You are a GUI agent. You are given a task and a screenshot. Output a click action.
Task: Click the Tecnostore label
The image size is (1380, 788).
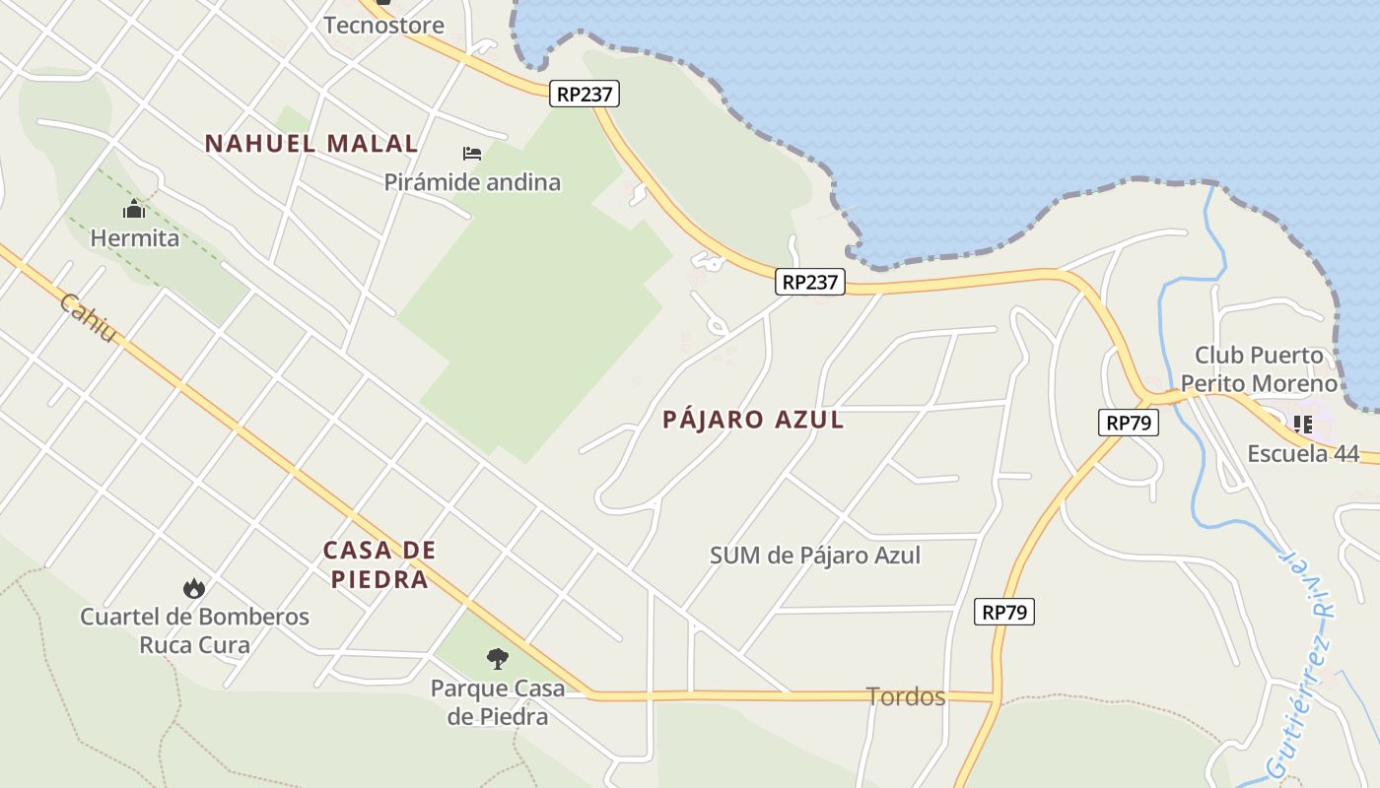[383, 25]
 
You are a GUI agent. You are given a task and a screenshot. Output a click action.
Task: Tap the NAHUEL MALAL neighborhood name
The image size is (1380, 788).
[311, 143]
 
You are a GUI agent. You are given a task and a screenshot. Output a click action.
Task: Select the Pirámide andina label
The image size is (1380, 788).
[472, 182]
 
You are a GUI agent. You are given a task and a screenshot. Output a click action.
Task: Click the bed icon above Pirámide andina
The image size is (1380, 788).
[472, 154]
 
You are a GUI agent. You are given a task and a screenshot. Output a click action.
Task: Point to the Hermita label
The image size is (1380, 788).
[135, 238]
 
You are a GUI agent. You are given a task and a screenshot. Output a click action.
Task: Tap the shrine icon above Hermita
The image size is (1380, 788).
[134, 210]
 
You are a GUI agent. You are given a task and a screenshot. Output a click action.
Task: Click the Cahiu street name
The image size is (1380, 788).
[88, 318]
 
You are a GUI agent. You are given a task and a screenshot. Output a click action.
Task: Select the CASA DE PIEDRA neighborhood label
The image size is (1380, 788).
[379, 564]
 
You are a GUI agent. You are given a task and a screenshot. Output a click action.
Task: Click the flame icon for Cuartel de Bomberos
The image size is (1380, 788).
[194, 589]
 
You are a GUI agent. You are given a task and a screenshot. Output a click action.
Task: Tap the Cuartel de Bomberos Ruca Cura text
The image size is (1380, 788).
[194, 631]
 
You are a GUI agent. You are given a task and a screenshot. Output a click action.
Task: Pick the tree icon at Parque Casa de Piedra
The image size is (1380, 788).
[498, 658]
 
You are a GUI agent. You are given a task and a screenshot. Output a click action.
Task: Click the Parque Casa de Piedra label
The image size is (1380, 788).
[498, 701]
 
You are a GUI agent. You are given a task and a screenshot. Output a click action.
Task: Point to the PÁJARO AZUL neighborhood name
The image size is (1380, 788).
[753, 420]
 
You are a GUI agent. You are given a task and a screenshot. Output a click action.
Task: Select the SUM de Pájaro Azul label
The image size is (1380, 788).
[815, 556]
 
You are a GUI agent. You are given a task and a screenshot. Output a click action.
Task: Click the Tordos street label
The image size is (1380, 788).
[906, 697]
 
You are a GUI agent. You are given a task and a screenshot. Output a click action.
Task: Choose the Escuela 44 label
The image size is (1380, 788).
[1303, 454]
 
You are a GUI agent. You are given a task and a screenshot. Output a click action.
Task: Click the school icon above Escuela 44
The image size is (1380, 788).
[1303, 425]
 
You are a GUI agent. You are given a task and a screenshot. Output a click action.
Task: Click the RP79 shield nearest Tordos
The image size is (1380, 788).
[1005, 612]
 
